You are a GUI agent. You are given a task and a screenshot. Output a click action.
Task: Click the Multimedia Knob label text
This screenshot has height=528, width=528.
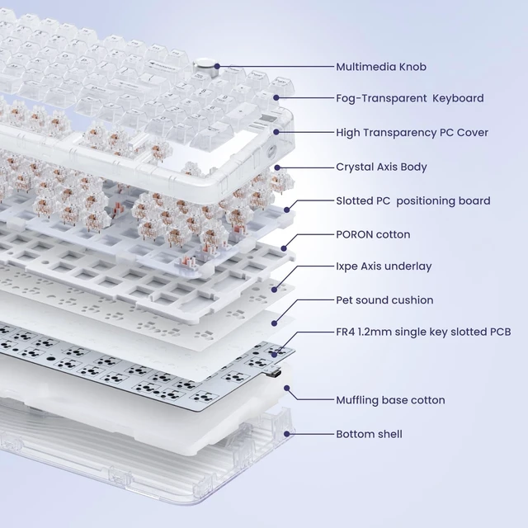pos(381,67)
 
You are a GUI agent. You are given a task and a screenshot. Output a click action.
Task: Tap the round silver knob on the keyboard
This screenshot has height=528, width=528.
pos(206,64)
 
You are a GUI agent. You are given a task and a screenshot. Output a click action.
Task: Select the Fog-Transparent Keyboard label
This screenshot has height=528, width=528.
pos(410,98)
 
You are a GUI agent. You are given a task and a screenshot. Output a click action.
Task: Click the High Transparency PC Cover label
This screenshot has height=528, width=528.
pos(412,132)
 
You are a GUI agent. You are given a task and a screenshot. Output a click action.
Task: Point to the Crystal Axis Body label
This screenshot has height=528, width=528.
pos(381,167)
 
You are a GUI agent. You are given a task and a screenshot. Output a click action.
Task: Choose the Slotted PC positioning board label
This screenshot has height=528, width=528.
pos(413,200)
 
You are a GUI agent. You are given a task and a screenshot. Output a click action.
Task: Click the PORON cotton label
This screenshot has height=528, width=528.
pos(373,234)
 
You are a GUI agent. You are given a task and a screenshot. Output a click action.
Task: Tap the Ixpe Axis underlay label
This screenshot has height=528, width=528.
pos(384,266)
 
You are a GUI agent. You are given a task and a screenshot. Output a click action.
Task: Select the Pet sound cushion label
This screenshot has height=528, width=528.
pos(384,300)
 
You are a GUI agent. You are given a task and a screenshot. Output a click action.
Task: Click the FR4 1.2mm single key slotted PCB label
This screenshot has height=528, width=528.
pos(423,332)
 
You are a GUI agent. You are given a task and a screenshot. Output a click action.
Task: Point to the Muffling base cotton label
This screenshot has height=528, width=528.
pos(390,400)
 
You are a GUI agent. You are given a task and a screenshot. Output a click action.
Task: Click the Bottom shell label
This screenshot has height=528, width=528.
pos(369,434)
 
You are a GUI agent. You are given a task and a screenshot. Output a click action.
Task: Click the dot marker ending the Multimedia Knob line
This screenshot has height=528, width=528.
pos(217,67)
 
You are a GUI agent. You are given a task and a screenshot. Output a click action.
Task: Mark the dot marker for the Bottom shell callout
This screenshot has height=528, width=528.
pos(287,434)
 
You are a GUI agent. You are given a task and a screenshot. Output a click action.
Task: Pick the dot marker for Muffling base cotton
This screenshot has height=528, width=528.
pos(287,389)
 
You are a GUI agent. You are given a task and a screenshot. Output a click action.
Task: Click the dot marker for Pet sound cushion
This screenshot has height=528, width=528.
pos(275,323)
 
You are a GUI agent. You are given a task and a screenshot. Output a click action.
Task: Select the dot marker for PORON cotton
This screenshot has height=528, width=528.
pos(284,248)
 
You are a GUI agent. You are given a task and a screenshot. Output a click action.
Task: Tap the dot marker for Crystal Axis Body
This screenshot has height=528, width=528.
pos(277,167)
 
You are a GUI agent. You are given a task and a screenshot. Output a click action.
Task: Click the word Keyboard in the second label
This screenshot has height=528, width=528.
pos(458,98)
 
